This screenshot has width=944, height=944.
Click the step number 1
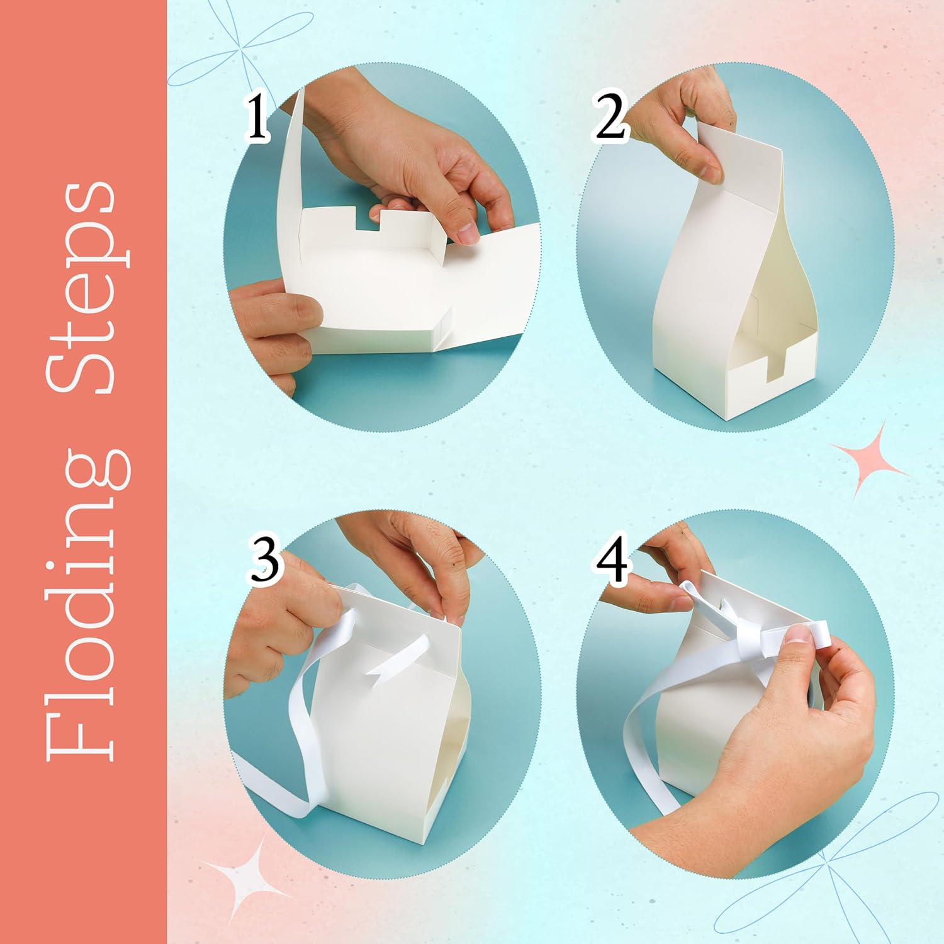click(x=256, y=118)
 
